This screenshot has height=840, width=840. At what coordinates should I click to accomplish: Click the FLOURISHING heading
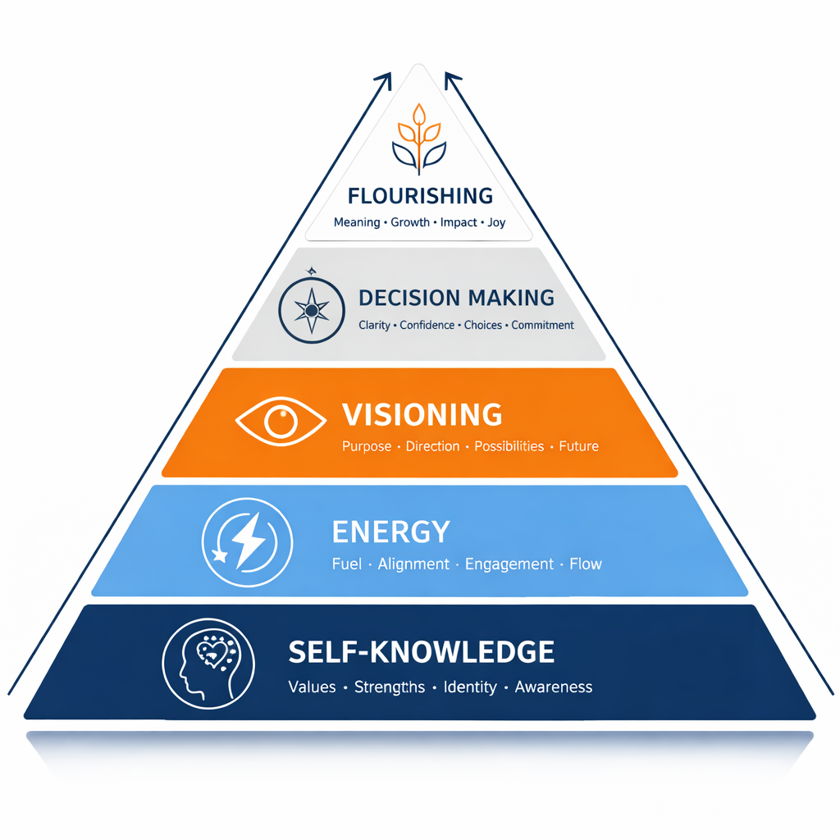(x=420, y=196)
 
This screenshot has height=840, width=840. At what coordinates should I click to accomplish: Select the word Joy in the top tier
(x=496, y=222)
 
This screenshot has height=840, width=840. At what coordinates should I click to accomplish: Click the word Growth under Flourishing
(x=410, y=222)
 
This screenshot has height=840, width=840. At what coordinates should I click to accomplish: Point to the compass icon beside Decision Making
(x=311, y=310)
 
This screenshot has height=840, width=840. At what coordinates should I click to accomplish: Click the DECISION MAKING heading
(x=456, y=298)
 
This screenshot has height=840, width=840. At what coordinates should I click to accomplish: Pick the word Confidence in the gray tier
(x=427, y=326)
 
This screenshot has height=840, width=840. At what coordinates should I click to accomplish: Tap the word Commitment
(x=542, y=326)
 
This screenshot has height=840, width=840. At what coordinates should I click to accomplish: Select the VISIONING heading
(x=422, y=415)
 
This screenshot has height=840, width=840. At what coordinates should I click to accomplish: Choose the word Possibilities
(x=509, y=447)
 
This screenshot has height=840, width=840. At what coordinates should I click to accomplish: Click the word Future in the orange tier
(x=578, y=447)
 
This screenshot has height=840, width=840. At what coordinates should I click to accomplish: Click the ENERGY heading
(x=390, y=532)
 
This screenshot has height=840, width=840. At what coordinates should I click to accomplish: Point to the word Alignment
(x=413, y=564)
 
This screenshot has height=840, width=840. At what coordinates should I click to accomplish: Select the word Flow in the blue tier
(x=586, y=564)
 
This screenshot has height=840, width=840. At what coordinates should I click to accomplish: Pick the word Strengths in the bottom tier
(x=390, y=687)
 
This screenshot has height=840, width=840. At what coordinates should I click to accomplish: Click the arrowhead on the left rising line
(x=383, y=79)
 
